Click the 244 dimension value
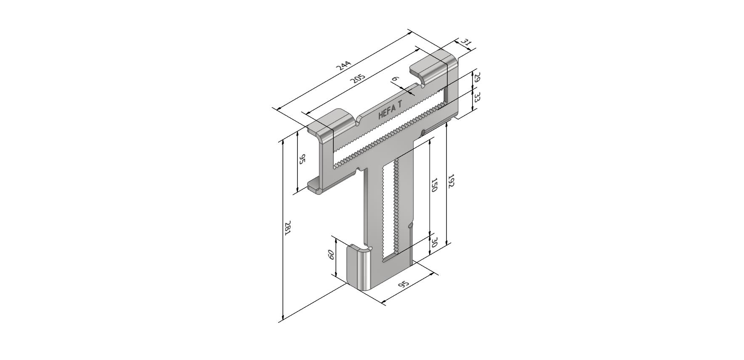(343, 66)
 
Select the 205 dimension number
(358, 78)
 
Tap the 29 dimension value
(477, 78)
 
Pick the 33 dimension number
(477, 97)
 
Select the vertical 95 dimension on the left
(302, 160)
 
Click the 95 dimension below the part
(404, 284)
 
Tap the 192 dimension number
(451, 181)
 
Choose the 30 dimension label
(434, 242)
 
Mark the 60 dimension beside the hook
(331, 255)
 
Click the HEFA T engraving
(391, 111)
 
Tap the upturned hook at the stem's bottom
(359, 267)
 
